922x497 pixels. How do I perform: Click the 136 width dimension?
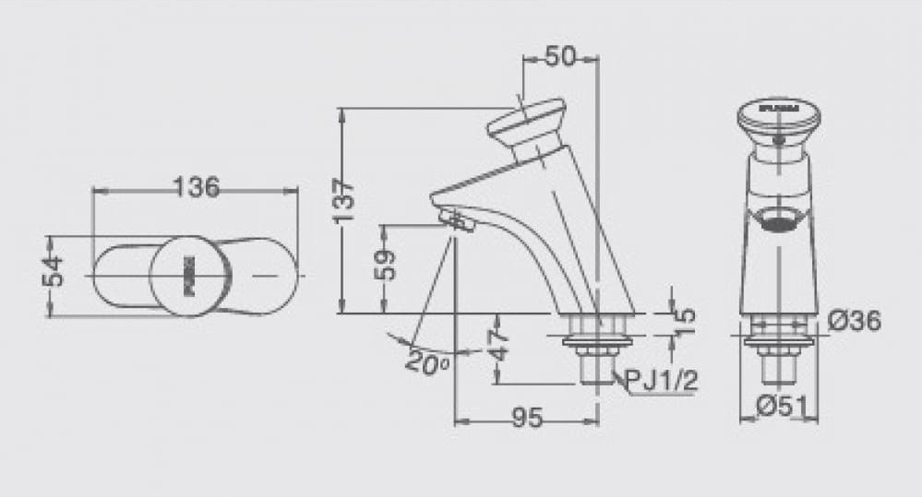point(197,187)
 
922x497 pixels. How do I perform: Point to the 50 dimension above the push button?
point(559,57)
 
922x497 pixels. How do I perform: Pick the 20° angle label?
point(426,360)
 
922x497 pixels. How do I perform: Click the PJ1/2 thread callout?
point(661,381)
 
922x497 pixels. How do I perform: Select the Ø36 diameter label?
point(854,321)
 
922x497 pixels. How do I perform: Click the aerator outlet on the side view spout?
point(456,220)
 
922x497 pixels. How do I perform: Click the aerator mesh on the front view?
point(779,220)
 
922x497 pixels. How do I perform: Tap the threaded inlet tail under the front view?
point(779,366)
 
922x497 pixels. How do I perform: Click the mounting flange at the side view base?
point(598,340)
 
